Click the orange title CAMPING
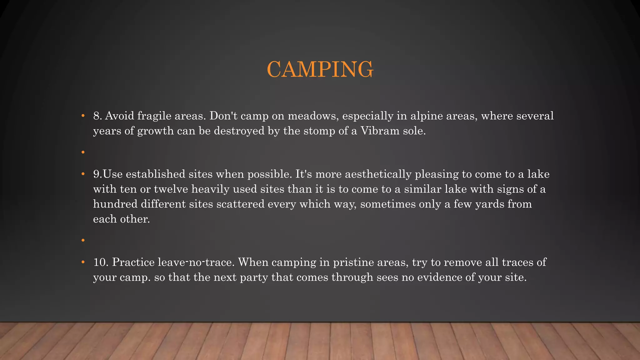click(x=320, y=69)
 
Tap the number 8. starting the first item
click(x=98, y=116)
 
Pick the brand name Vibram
click(x=380, y=131)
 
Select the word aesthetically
click(x=378, y=174)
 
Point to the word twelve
click(x=171, y=189)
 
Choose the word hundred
click(x=115, y=204)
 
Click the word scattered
click(x=240, y=204)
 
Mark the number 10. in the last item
click(x=101, y=262)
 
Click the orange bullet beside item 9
click(x=83, y=174)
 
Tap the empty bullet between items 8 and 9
click(x=83, y=152)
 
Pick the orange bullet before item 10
click(x=83, y=262)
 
